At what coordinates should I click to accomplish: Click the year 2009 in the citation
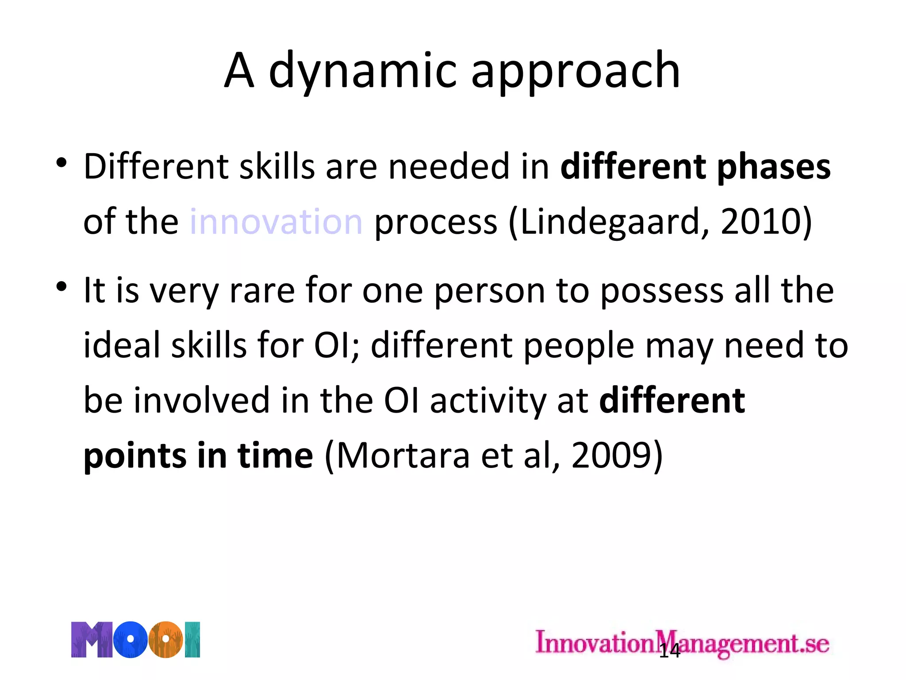pyautogui.click(x=611, y=455)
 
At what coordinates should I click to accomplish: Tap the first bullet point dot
pyautogui.click(x=61, y=163)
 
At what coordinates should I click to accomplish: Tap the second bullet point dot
pyautogui.click(x=61, y=287)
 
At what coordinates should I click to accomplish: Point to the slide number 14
pyautogui.click(x=669, y=651)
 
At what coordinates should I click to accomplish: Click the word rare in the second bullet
pyautogui.click(x=262, y=291)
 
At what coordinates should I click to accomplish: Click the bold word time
pyautogui.click(x=275, y=455)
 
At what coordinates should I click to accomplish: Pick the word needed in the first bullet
pyautogui.click(x=449, y=167)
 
